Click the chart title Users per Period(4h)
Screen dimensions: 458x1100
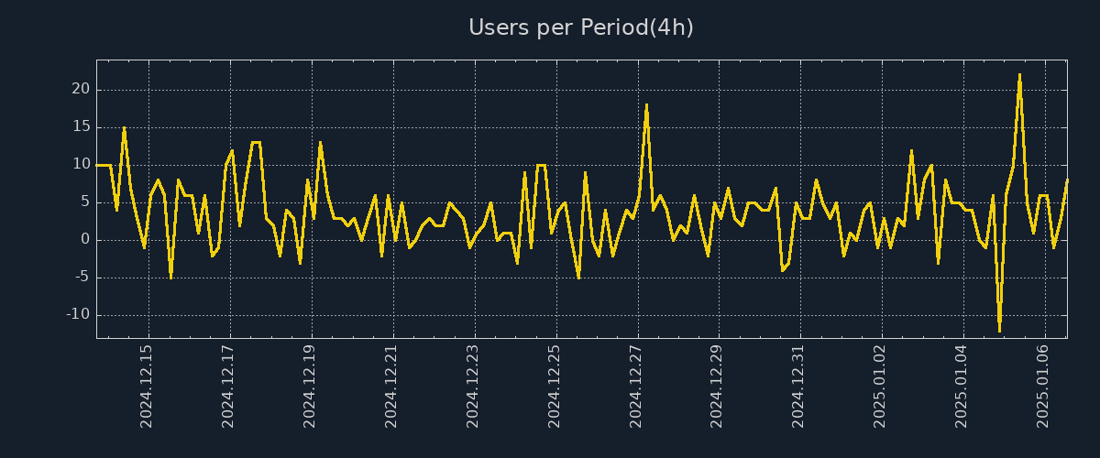coord(580,27)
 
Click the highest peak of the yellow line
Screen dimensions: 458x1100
coord(1019,75)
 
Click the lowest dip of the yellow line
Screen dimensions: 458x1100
coord(999,330)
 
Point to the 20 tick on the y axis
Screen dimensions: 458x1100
coord(82,89)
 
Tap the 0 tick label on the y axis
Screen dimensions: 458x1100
coord(85,239)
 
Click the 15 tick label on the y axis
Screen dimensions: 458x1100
coord(82,126)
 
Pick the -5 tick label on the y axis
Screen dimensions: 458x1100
coord(81,277)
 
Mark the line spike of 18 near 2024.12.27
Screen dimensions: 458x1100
coord(646,105)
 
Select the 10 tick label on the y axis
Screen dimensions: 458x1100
coord(82,164)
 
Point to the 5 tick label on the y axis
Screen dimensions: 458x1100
coord(85,202)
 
